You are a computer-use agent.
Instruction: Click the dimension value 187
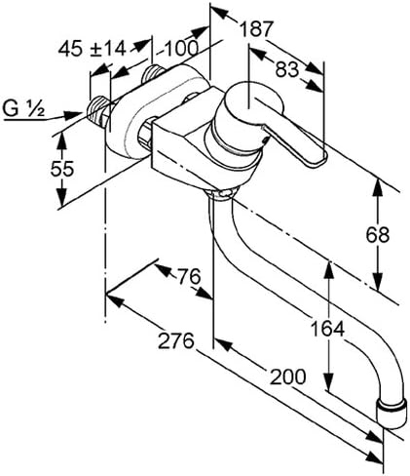[x=257, y=29]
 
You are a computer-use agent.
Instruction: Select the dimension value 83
[x=287, y=69]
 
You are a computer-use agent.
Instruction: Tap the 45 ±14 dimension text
[x=92, y=49]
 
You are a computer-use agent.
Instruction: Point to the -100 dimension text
[x=177, y=49]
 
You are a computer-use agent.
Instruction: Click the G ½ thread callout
[x=23, y=108]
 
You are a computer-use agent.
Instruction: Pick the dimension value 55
[x=62, y=169]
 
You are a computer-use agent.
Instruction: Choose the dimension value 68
[x=378, y=234]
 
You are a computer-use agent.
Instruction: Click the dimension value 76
[x=189, y=277]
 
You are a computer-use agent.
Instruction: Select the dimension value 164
[x=327, y=329]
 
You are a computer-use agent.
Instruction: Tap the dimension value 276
[x=176, y=341]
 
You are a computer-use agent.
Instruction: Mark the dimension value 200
[x=288, y=377]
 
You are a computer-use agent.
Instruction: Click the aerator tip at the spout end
[x=392, y=414]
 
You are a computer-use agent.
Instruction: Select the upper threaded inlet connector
[x=153, y=73]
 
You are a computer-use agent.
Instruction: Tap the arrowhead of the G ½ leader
[x=73, y=115]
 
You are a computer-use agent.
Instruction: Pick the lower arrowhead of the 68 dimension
[x=378, y=281]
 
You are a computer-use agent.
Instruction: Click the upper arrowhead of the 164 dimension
[x=329, y=269]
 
